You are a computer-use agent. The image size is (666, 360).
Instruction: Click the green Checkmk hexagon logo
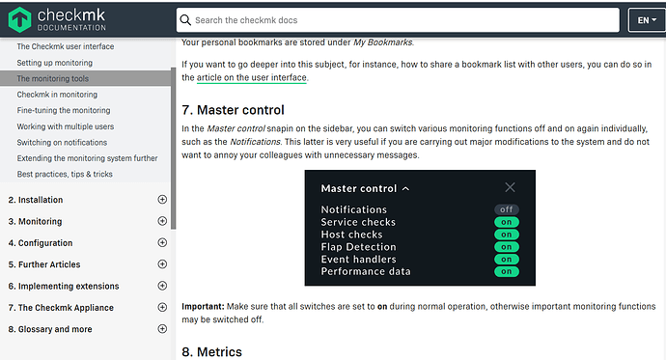click(x=19, y=19)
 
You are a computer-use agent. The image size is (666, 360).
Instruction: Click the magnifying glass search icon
click(x=185, y=20)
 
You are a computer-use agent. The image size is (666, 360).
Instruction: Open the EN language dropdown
click(x=647, y=20)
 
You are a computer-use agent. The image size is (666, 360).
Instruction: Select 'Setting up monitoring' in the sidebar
click(x=54, y=63)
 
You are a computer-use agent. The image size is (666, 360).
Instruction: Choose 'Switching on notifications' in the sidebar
click(x=62, y=142)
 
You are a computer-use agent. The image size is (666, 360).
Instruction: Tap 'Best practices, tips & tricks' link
click(x=65, y=174)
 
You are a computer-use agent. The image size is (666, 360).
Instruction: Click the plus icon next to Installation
click(x=162, y=200)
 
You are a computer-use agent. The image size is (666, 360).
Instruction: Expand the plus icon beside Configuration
click(x=162, y=242)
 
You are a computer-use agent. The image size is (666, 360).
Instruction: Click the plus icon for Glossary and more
click(x=162, y=328)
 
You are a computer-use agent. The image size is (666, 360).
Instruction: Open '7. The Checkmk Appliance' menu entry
click(x=61, y=307)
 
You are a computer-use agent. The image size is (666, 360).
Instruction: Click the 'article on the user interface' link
click(x=252, y=77)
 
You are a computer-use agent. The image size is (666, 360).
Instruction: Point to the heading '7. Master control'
click(x=233, y=110)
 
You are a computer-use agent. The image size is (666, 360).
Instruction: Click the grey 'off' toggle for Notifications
click(x=507, y=209)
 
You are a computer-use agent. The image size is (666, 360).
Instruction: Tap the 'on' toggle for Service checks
click(x=507, y=222)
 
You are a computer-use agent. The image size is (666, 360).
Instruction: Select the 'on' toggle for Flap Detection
click(x=507, y=247)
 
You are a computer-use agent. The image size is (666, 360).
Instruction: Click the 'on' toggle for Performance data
click(x=507, y=271)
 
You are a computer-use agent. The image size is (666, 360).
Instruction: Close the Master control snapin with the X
click(x=510, y=187)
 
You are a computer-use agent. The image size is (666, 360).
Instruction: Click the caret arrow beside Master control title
click(x=405, y=188)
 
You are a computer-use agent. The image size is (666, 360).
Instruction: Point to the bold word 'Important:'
click(x=203, y=306)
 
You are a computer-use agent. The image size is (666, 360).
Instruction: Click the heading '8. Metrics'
click(x=212, y=352)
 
